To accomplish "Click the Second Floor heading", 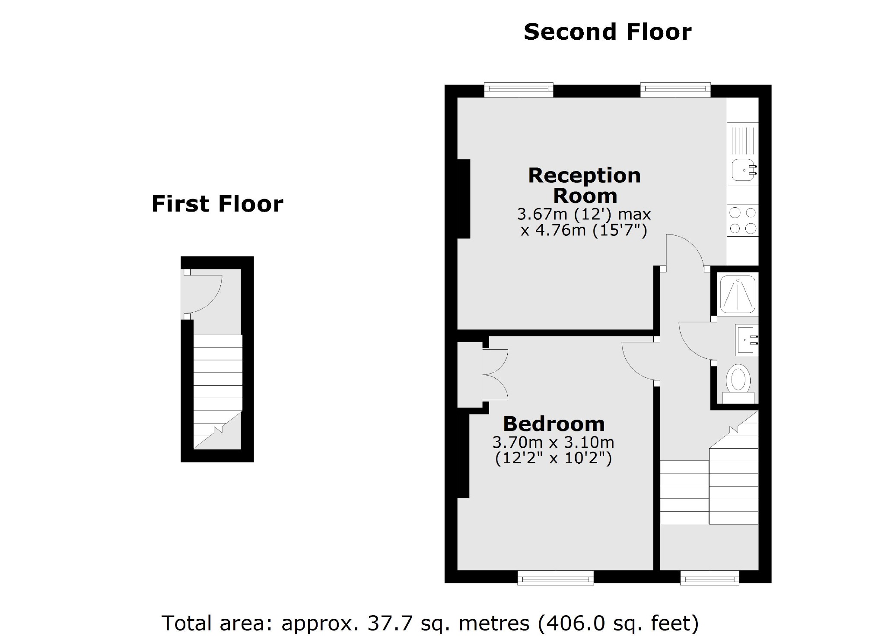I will tap(607, 32).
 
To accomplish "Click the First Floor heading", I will tap(217, 204).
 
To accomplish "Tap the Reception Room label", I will tap(584, 186).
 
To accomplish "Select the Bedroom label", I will tap(554, 424).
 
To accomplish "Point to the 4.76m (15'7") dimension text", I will tap(584, 231).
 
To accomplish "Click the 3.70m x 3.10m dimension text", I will tap(553, 443).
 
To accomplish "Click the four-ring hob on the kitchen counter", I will tap(743, 220).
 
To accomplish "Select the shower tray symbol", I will tap(738, 294).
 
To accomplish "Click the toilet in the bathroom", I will tap(738, 380).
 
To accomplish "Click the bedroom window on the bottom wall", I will tap(555, 577).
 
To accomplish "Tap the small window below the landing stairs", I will tap(709, 577).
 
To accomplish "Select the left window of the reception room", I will tap(519, 90).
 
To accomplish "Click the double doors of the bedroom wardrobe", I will tap(495, 374).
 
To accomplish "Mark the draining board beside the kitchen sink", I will tap(743, 139).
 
